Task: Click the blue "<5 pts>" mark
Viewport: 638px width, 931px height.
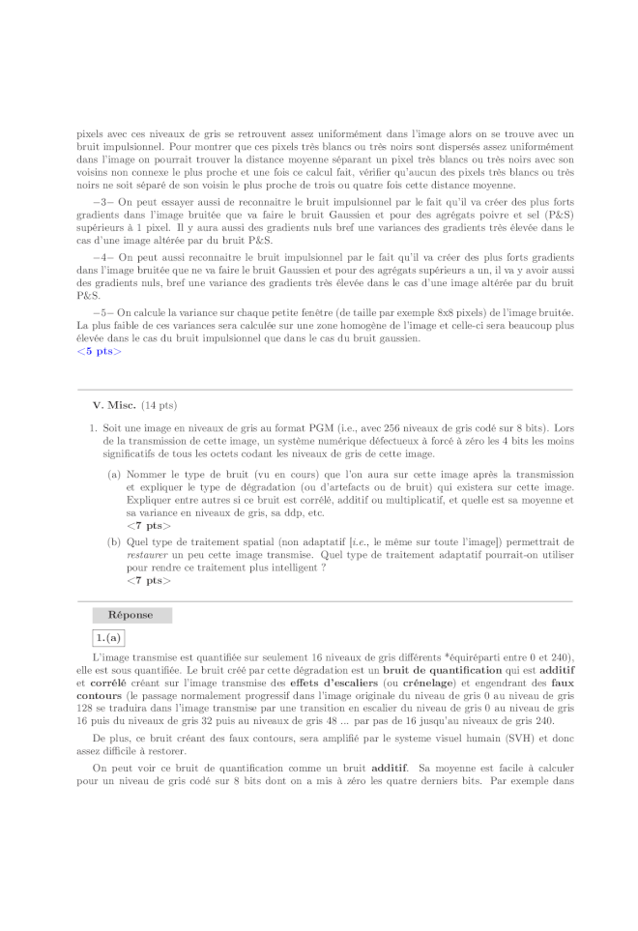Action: (99, 351)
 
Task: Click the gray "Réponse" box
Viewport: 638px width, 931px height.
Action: (131, 615)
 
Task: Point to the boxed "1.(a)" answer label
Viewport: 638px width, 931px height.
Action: (108, 638)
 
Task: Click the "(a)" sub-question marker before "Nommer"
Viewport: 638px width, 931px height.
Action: (114, 476)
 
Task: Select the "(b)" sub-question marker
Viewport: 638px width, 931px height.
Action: (114, 543)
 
